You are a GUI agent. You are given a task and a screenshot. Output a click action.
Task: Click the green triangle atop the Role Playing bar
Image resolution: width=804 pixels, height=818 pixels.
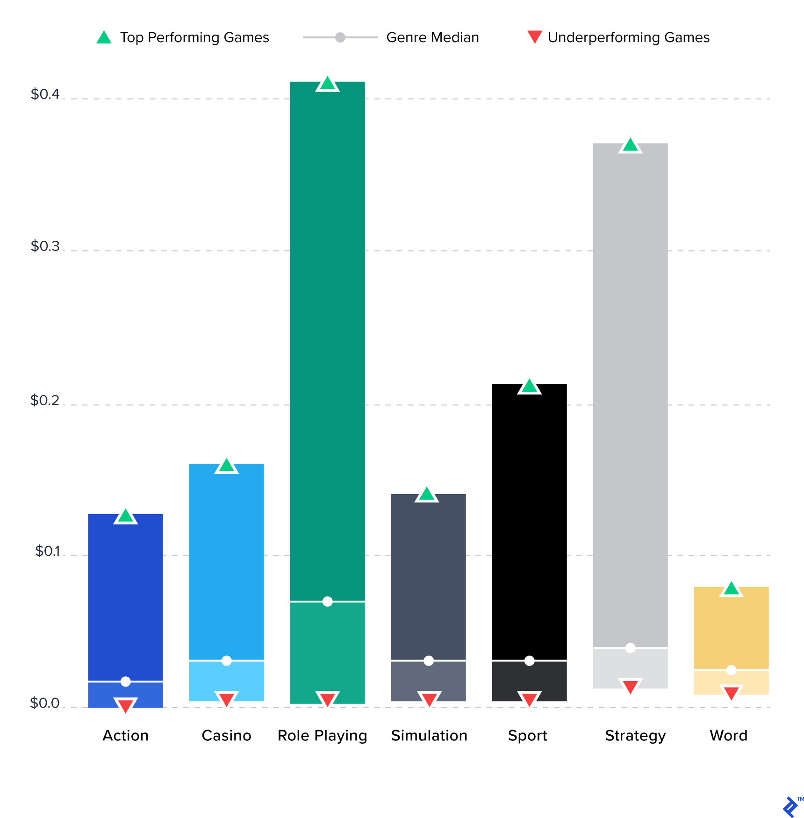[327, 85]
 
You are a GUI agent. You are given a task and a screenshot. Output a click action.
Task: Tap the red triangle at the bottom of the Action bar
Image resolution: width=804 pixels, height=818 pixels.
[125, 705]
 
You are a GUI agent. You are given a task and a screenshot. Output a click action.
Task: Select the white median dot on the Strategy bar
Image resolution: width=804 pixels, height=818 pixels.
[630, 648]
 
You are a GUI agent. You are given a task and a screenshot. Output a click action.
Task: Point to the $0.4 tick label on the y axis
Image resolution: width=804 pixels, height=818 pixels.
[45, 94]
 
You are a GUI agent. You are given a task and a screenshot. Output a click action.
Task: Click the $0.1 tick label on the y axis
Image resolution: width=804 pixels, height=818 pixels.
[47, 551]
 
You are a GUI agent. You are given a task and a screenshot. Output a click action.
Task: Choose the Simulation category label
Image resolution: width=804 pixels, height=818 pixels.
[429, 736]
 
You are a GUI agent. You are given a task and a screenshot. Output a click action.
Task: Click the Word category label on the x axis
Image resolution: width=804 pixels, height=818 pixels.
[728, 736]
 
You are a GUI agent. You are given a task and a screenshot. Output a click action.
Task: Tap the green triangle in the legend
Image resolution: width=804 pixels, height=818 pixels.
[104, 38]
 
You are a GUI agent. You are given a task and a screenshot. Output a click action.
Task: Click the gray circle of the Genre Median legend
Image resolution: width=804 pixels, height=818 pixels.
[340, 37]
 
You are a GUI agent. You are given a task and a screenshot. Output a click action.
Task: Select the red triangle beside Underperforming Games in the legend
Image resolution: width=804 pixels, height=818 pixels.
[534, 36]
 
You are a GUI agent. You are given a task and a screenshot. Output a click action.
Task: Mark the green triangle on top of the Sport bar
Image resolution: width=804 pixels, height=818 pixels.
[529, 387]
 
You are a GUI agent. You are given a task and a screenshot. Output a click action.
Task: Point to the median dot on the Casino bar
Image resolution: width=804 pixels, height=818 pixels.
[226, 660]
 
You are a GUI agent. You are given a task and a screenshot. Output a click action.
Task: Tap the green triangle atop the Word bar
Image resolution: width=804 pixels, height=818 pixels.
[731, 589]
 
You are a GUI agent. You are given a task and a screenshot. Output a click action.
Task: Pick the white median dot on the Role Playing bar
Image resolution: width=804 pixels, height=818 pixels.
[327, 602]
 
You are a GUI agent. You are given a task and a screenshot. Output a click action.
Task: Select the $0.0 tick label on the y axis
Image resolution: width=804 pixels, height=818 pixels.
[45, 703]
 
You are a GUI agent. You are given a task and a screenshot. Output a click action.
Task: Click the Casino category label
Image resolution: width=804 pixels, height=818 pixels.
[226, 736]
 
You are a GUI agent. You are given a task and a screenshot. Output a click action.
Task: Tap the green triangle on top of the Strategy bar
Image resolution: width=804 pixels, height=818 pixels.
[630, 146]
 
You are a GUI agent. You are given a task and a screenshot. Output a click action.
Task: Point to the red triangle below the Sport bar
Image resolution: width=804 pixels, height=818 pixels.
[529, 699]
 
